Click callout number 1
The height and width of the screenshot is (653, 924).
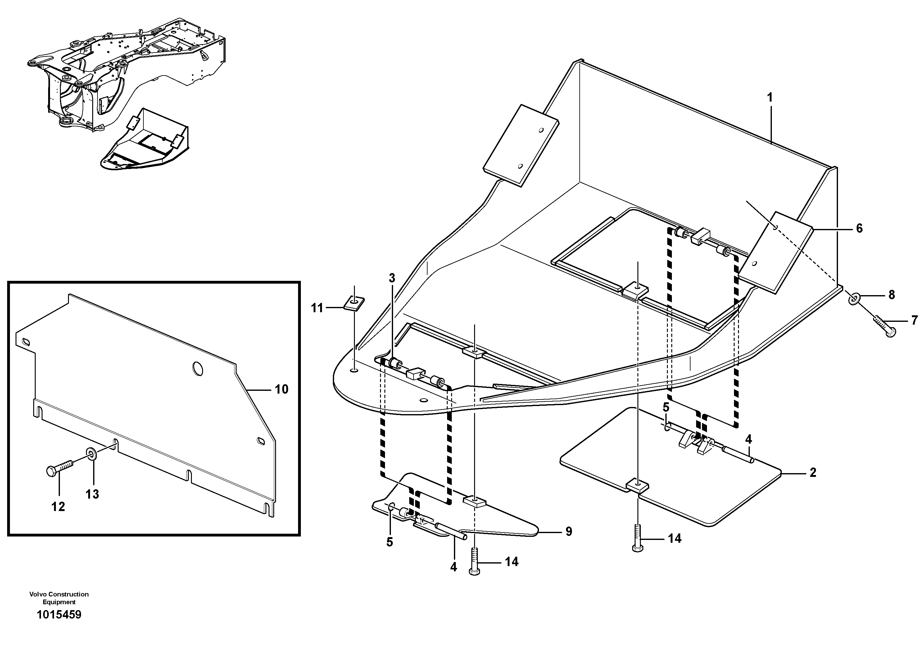(x=769, y=98)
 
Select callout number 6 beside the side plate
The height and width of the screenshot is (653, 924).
(x=859, y=228)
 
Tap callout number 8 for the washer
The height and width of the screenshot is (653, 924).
(x=891, y=295)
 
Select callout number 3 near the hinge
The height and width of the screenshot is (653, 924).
(x=392, y=278)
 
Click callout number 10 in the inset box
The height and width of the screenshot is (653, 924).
(x=281, y=389)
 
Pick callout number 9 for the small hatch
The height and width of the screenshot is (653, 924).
(x=568, y=532)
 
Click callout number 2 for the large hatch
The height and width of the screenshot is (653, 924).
(x=813, y=472)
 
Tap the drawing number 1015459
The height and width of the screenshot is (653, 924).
(x=59, y=615)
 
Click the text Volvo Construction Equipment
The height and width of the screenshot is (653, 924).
(x=59, y=598)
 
